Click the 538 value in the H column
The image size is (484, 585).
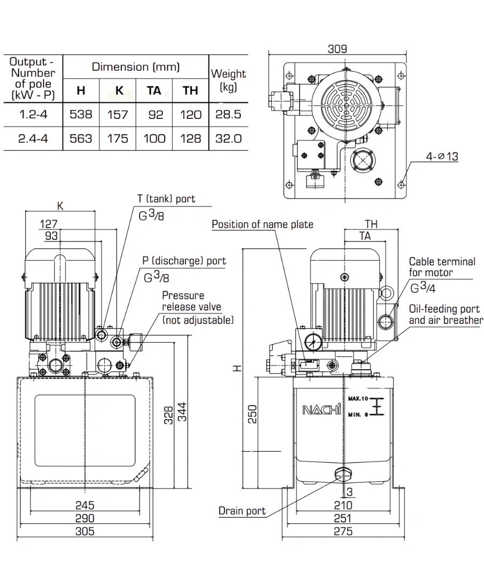coord(81,114)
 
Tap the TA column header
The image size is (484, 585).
coord(153,90)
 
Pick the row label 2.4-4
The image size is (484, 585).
coord(33,139)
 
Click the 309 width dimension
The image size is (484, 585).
coord(337,49)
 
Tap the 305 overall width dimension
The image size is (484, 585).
coord(84,531)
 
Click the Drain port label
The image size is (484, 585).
coord(242,511)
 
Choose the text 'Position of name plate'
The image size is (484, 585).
coord(262,224)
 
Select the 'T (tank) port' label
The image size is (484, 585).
coord(166,199)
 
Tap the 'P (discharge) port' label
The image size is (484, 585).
coord(184,261)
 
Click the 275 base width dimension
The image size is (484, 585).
coord(343,531)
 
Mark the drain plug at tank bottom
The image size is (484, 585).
coord(342,473)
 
